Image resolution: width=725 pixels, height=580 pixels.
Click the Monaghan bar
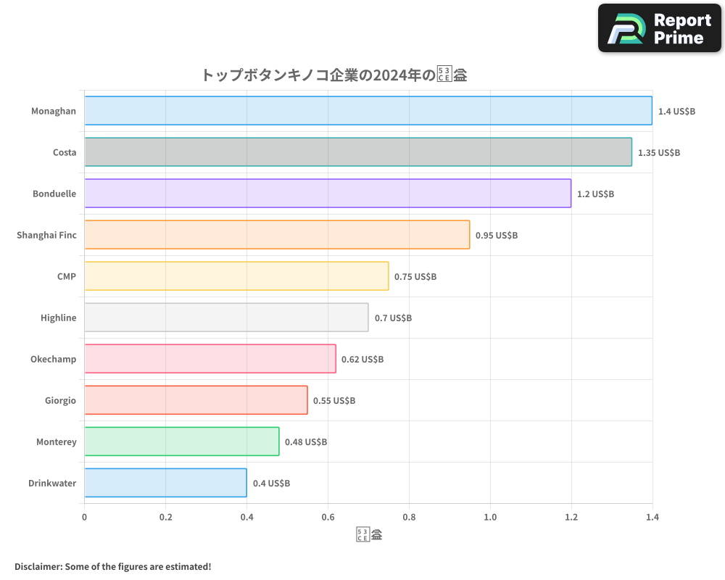pos(368,111)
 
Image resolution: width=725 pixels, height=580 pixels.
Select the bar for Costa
pos(358,152)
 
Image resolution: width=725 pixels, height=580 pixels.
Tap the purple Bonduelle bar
pos(328,194)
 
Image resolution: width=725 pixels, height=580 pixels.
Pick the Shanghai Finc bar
pos(277,235)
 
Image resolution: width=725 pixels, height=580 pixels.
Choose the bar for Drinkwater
pos(165,483)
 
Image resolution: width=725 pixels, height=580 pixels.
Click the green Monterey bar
pos(182,442)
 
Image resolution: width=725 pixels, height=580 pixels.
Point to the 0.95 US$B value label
pos(497,236)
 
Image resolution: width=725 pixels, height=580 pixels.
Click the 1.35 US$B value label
pos(659,153)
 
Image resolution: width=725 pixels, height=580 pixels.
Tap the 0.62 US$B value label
pos(362,360)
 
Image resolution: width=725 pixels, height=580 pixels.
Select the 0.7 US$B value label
pos(393,318)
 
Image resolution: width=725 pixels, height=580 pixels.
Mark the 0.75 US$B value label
pos(415,277)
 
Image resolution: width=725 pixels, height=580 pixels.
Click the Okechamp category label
pos(53,360)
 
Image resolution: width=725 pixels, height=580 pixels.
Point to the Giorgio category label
pos(60,401)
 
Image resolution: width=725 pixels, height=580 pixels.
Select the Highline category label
pos(59,318)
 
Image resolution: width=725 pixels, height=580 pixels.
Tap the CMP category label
pos(67,277)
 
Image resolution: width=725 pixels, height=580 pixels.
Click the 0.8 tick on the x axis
pos(409,518)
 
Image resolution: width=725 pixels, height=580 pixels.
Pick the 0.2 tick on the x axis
pos(166,518)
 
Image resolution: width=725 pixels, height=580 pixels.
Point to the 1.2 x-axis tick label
pos(571,518)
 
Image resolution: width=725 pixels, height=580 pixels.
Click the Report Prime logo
pos(660,28)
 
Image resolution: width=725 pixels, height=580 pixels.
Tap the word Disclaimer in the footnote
pos(38,567)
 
